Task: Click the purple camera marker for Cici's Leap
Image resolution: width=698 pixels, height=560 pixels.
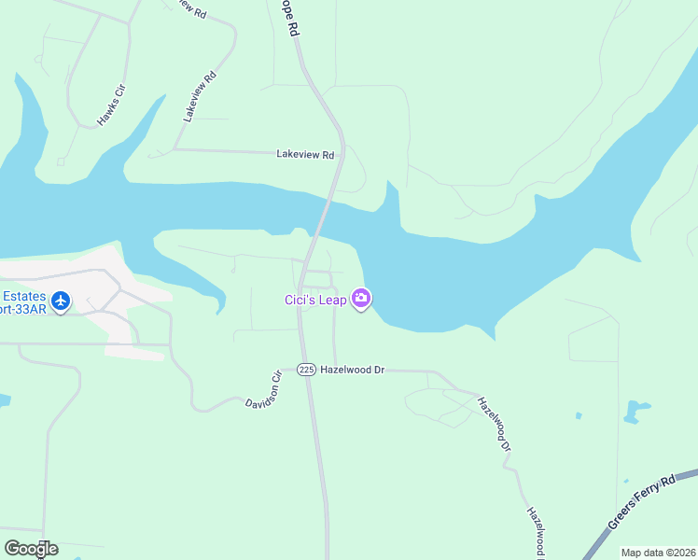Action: [x=361, y=299]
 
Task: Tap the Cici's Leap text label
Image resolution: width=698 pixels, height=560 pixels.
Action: [x=315, y=300]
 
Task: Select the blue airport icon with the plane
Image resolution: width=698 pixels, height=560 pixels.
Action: [x=62, y=301]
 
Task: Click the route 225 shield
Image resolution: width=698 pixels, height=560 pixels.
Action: [x=306, y=370]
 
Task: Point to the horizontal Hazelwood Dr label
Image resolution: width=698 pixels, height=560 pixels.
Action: [x=353, y=370]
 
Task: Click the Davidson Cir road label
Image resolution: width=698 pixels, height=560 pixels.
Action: [x=264, y=391]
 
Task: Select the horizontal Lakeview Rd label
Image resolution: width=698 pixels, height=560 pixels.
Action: [x=305, y=155]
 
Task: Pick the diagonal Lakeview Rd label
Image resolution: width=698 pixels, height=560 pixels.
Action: [x=201, y=97]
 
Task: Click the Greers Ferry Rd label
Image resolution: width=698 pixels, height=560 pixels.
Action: [x=641, y=502]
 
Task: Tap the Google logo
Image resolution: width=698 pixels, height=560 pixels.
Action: [x=31, y=549]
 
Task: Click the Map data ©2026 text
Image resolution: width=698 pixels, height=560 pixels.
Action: [x=658, y=553]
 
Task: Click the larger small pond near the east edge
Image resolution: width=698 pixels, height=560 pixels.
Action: [x=638, y=410]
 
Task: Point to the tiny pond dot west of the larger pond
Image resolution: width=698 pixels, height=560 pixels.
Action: [x=579, y=415]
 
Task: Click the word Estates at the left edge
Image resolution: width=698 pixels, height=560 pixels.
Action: [x=23, y=295]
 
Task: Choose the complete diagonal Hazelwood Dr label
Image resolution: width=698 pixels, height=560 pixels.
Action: [x=495, y=425]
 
